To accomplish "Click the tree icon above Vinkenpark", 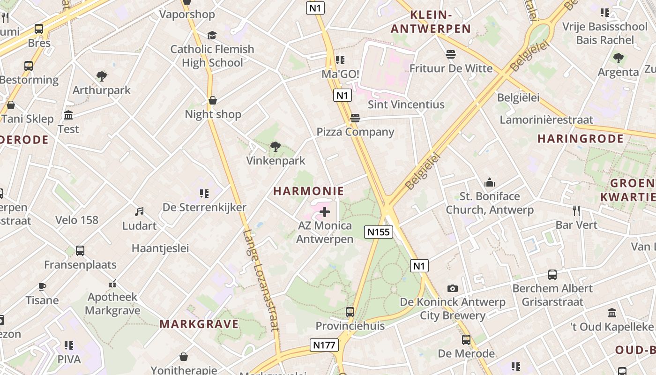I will [x=276, y=147].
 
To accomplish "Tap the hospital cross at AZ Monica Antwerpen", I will [x=324, y=212].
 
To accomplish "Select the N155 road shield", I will [x=378, y=232].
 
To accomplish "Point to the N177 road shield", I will [x=324, y=345].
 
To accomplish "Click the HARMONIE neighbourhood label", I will [x=308, y=191].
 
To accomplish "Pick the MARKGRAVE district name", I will [x=199, y=324].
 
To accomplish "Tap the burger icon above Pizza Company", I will [x=355, y=118].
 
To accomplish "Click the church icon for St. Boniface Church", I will [x=490, y=182].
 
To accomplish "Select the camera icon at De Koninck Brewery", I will [x=452, y=288].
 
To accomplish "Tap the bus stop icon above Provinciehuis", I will [x=350, y=312].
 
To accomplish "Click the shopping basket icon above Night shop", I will [x=213, y=100].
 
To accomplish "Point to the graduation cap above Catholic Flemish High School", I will [x=212, y=36].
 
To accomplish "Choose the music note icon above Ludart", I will [x=139, y=212].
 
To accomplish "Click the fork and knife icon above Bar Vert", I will [x=576, y=211].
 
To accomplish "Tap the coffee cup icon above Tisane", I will [x=42, y=286].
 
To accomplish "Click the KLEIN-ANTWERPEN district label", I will [x=431, y=22].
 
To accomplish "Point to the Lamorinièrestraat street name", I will [x=546, y=120].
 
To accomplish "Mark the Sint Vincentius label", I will [x=406, y=105].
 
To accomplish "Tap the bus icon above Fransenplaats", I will [x=80, y=251].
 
